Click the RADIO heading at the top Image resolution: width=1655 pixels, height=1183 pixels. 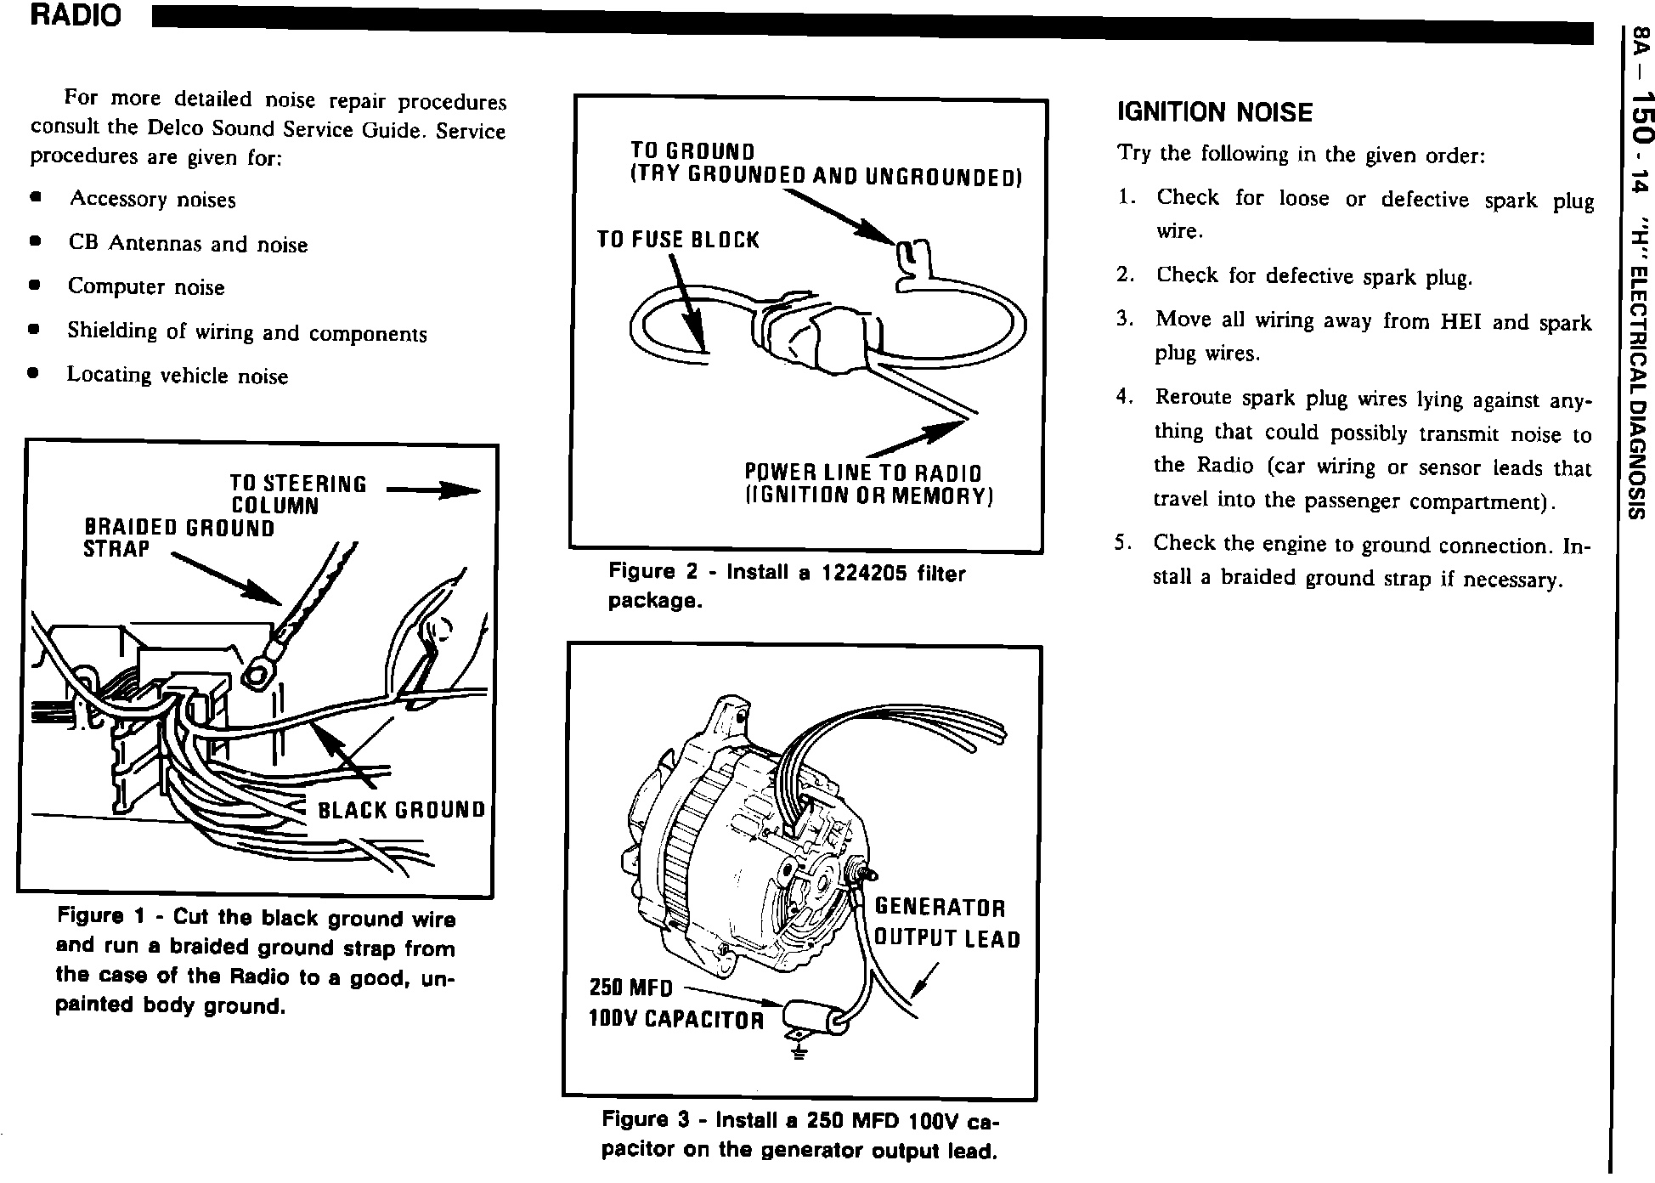pos(76,16)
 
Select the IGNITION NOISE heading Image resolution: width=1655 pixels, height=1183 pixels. pos(1214,112)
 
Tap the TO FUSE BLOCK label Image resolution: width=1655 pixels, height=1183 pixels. pos(677,240)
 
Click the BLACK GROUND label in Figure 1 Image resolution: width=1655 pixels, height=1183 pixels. pos(401,810)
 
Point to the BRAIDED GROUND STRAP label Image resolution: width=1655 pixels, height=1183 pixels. pos(178,539)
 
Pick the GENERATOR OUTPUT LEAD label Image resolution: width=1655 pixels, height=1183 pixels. pos(946,923)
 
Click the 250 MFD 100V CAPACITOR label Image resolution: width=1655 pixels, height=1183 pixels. pos(675,1004)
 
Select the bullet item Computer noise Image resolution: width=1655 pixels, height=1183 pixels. pos(145,287)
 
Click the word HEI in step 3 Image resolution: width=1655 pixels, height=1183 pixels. pos(1462,322)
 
